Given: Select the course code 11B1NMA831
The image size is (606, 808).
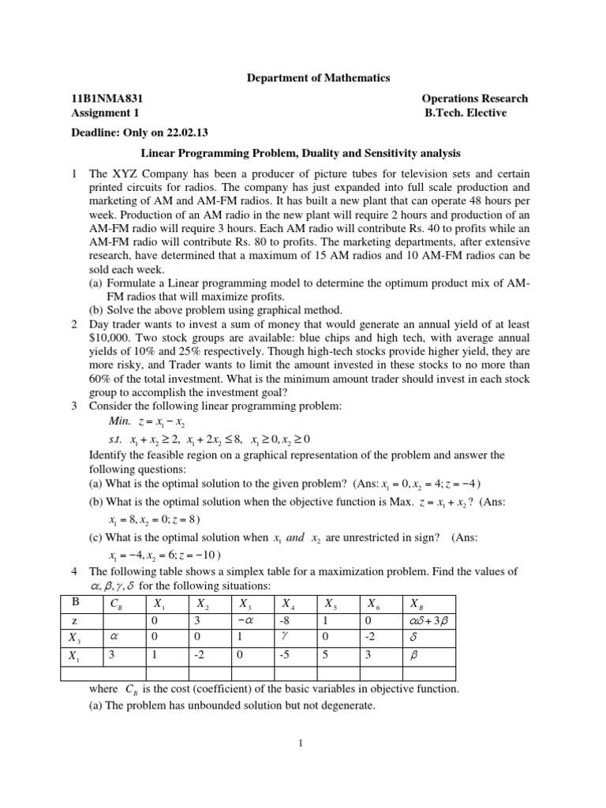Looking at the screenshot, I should [107, 99].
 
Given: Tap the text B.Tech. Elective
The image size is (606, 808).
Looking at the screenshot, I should [465, 113].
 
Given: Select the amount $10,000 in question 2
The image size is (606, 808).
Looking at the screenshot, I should [111, 339].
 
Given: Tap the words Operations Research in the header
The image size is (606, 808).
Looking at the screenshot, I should [475, 99].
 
